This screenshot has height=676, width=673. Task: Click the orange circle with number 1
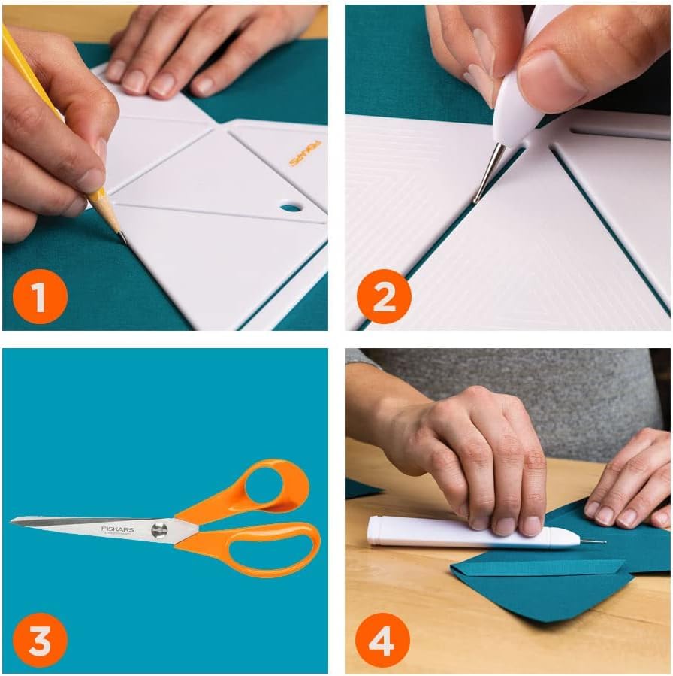[40, 296]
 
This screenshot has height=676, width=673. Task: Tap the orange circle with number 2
[384, 296]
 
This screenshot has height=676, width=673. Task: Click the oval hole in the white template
[291, 206]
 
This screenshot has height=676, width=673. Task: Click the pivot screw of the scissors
[159, 530]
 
